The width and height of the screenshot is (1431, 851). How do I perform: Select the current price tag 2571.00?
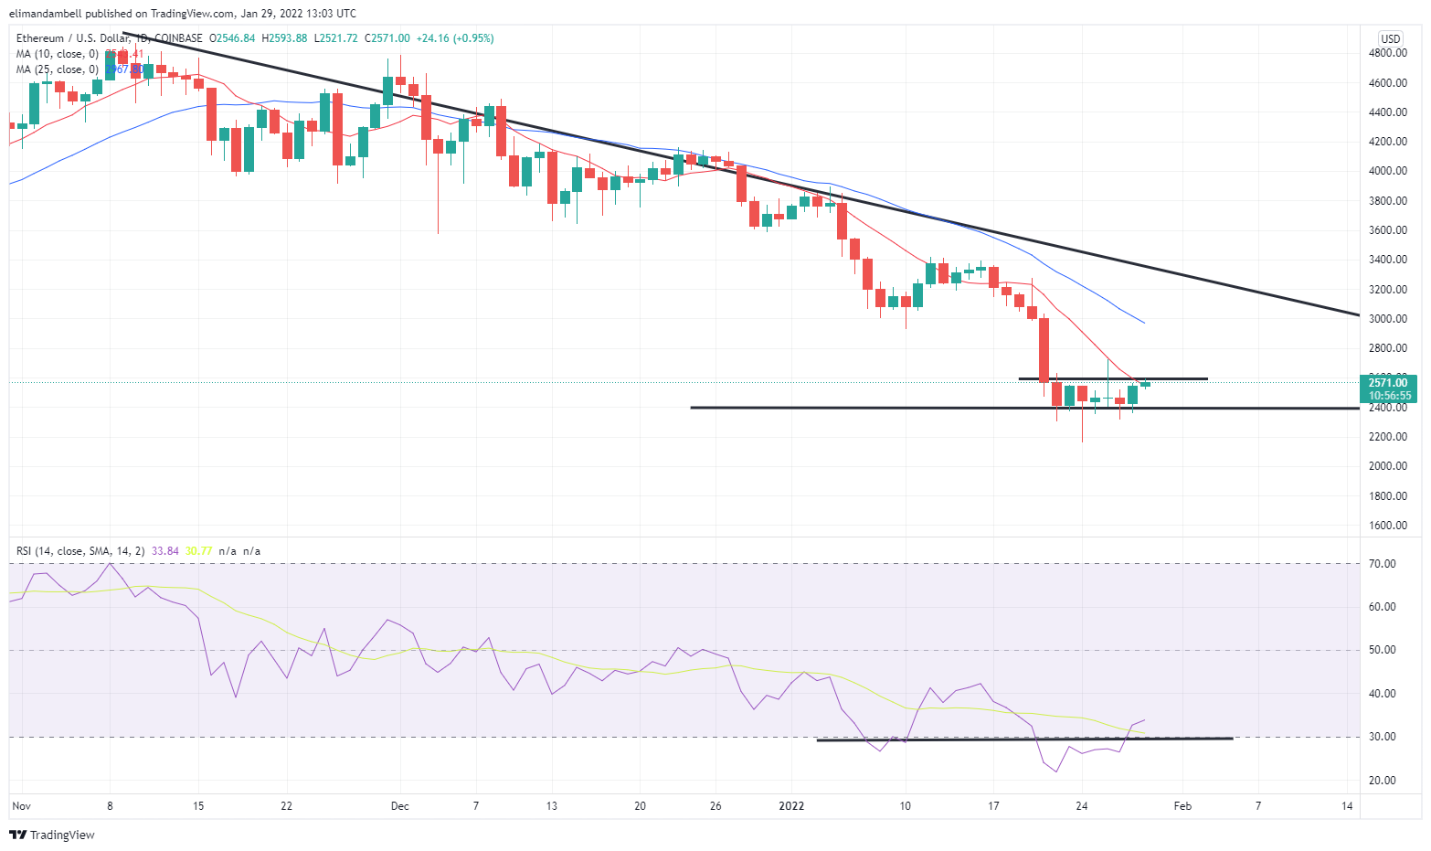click(1388, 383)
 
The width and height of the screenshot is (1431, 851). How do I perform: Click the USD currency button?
click(1390, 38)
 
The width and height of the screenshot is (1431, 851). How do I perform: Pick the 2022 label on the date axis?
click(790, 806)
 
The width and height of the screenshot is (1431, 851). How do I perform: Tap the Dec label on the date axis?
click(399, 806)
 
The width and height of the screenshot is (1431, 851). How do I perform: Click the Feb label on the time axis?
click(1182, 806)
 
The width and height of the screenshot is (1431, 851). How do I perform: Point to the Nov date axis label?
click(22, 806)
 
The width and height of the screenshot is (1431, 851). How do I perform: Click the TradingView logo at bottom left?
click(52, 835)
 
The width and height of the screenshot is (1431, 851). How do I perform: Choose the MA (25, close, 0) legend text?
click(57, 69)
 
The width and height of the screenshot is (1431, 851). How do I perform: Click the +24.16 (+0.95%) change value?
click(454, 38)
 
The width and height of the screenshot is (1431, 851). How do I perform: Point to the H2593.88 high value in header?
click(284, 38)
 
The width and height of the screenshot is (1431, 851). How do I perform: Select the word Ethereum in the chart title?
click(40, 38)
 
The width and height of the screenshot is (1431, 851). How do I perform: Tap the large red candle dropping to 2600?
click(1044, 349)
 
